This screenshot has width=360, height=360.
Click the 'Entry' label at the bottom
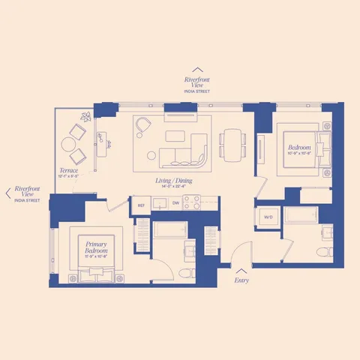(241, 281)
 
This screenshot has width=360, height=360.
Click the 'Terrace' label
(69, 171)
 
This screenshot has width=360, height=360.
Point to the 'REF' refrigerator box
(140, 203)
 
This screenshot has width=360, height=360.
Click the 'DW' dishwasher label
(175, 203)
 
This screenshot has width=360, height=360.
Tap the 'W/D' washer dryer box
(268, 217)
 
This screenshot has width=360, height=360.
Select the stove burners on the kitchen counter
(193, 202)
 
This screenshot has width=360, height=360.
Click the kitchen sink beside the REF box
(158, 203)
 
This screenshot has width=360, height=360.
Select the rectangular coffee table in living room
(175, 136)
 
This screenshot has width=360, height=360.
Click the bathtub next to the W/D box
(304, 217)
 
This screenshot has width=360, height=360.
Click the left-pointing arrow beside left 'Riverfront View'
(8, 193)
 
